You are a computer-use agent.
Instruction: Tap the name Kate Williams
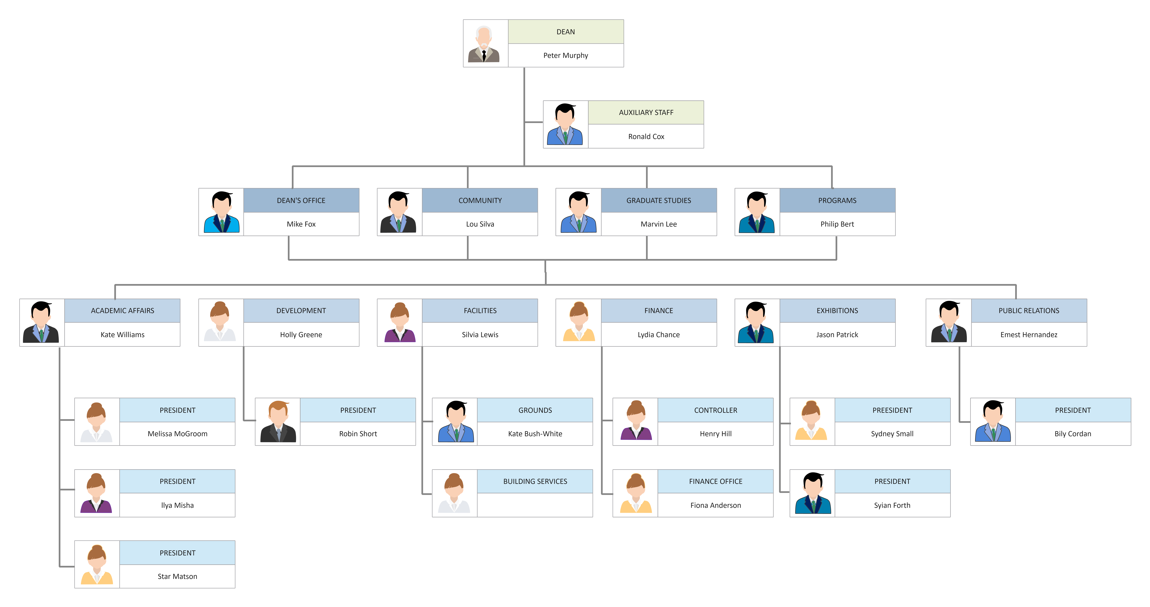pyautogui.click(x=122, y=335)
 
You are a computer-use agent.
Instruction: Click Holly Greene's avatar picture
pyautogui.click(x=220, y=322)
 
